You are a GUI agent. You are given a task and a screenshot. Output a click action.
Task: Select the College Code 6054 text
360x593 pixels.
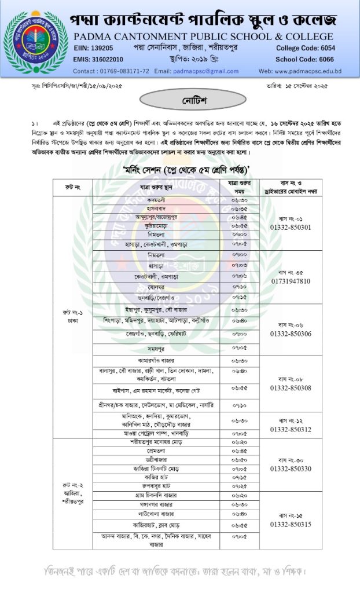tap(330, 48)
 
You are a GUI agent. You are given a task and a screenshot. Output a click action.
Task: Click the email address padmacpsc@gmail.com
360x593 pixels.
tap(196, 71)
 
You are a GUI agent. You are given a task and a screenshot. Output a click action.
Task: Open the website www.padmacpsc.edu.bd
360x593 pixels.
tap(308, 71)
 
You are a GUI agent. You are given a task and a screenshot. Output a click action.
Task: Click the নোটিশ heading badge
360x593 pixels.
tap(179, 101)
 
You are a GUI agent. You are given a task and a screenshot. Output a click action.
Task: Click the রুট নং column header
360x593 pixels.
tap(73, 187)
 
